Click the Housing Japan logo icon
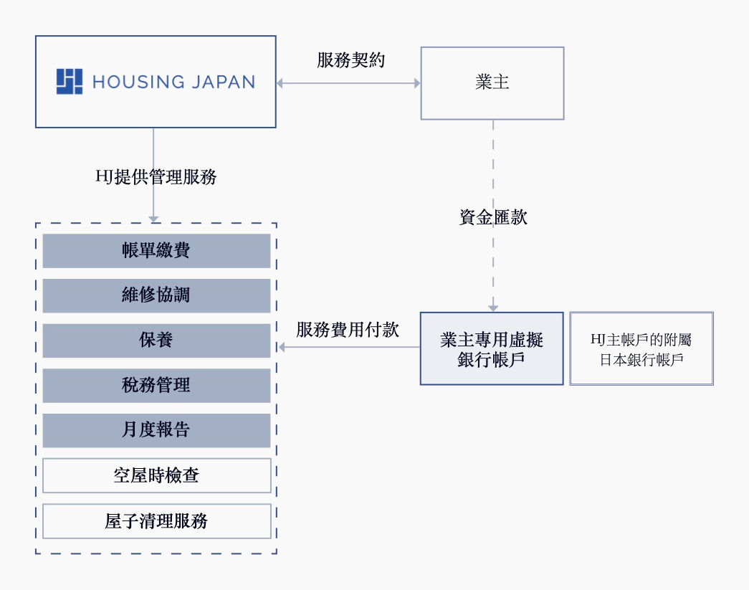pos(70,82)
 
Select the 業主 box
pos(492,83)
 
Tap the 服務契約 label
pos(350,60)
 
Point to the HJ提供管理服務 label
pos(156,176)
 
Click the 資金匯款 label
pos(493,217)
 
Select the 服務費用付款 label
pos(348,330)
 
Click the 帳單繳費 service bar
pos(156,250)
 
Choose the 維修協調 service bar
pos(156,295)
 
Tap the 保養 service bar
pos(156,341)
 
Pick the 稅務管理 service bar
pos(156,386)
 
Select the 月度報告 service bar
pos(156,430)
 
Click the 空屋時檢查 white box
pos(156,475)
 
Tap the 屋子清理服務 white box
pos(156,520)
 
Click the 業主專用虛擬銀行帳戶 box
pos(492,348)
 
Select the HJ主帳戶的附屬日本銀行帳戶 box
pos(641,348)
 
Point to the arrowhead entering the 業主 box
pos(416,83)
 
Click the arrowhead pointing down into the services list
pos(153,217)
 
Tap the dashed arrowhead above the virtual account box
pos(492,307)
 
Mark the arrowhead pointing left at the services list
pos(282,348)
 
